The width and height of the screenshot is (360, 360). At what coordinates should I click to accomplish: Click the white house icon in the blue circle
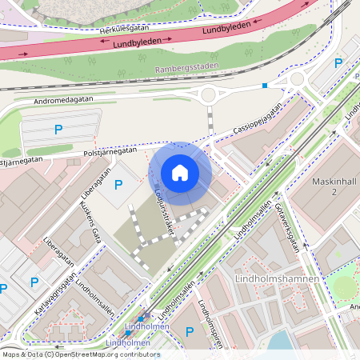pos(180,173)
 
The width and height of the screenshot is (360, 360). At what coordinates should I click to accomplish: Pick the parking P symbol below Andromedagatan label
pos(57,128)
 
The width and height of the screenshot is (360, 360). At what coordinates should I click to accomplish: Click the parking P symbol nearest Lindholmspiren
pos(190,332)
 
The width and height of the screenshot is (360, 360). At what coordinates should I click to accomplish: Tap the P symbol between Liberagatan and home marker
pos(118,185)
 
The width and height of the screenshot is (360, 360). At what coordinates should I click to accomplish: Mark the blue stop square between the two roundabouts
pos(265,85)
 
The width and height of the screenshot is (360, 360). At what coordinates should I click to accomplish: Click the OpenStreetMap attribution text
pos(80,354)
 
